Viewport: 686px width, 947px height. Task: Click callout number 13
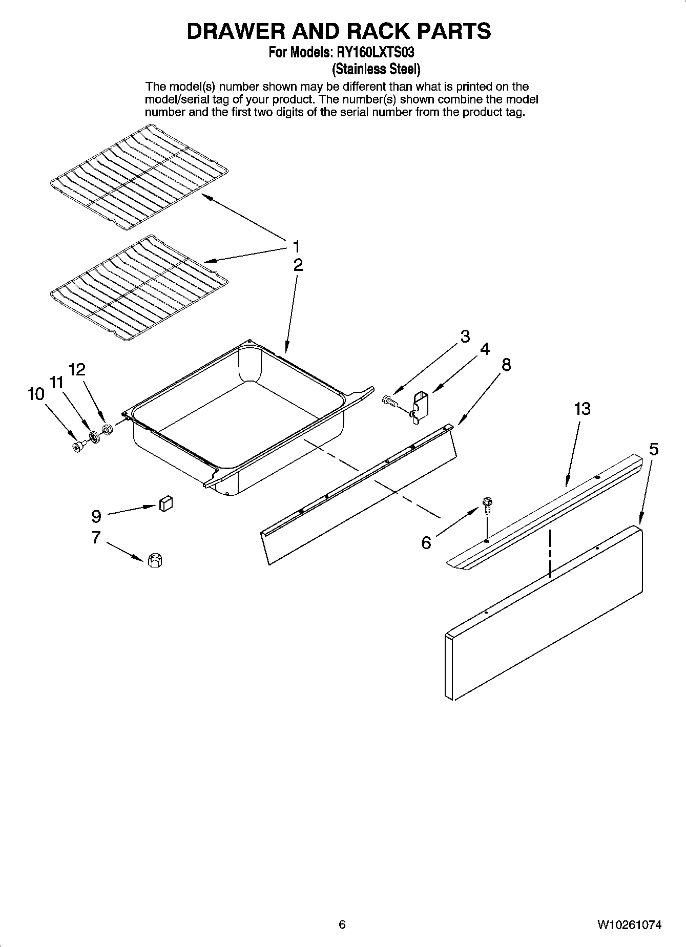[582, 409]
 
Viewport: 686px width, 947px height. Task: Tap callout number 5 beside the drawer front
[653, 449]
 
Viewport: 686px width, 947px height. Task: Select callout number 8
[506, 365]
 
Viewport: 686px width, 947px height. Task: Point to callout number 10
[35, 394]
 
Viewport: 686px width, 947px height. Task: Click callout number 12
[77, 369]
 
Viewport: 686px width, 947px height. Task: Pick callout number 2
[298, 265]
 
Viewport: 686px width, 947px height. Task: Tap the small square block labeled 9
[165, 503]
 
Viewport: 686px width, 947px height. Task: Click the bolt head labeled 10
[78, 447]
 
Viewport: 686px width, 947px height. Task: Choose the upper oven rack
[139, 177]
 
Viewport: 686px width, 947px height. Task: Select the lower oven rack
[139, 288]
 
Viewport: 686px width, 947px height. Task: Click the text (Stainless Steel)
[377, 69]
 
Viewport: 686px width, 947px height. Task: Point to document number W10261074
[629, 924]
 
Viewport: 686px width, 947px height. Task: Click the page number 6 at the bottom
[342, 924]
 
